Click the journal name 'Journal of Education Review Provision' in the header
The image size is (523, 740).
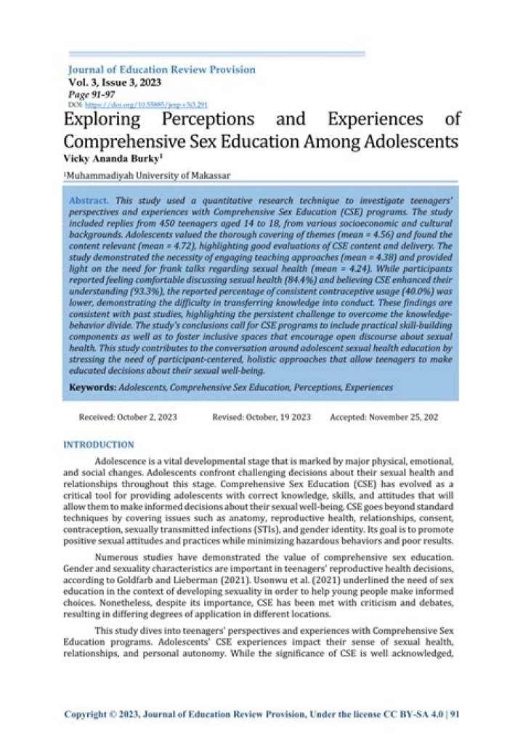point(161,70)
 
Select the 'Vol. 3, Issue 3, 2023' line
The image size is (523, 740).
point(115,82)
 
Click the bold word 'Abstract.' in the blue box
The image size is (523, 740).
point(89,199)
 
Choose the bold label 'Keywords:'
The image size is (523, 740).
point(93,387)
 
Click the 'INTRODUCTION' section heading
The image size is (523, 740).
point(99,444)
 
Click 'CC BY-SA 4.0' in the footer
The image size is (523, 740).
point(416,714)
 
